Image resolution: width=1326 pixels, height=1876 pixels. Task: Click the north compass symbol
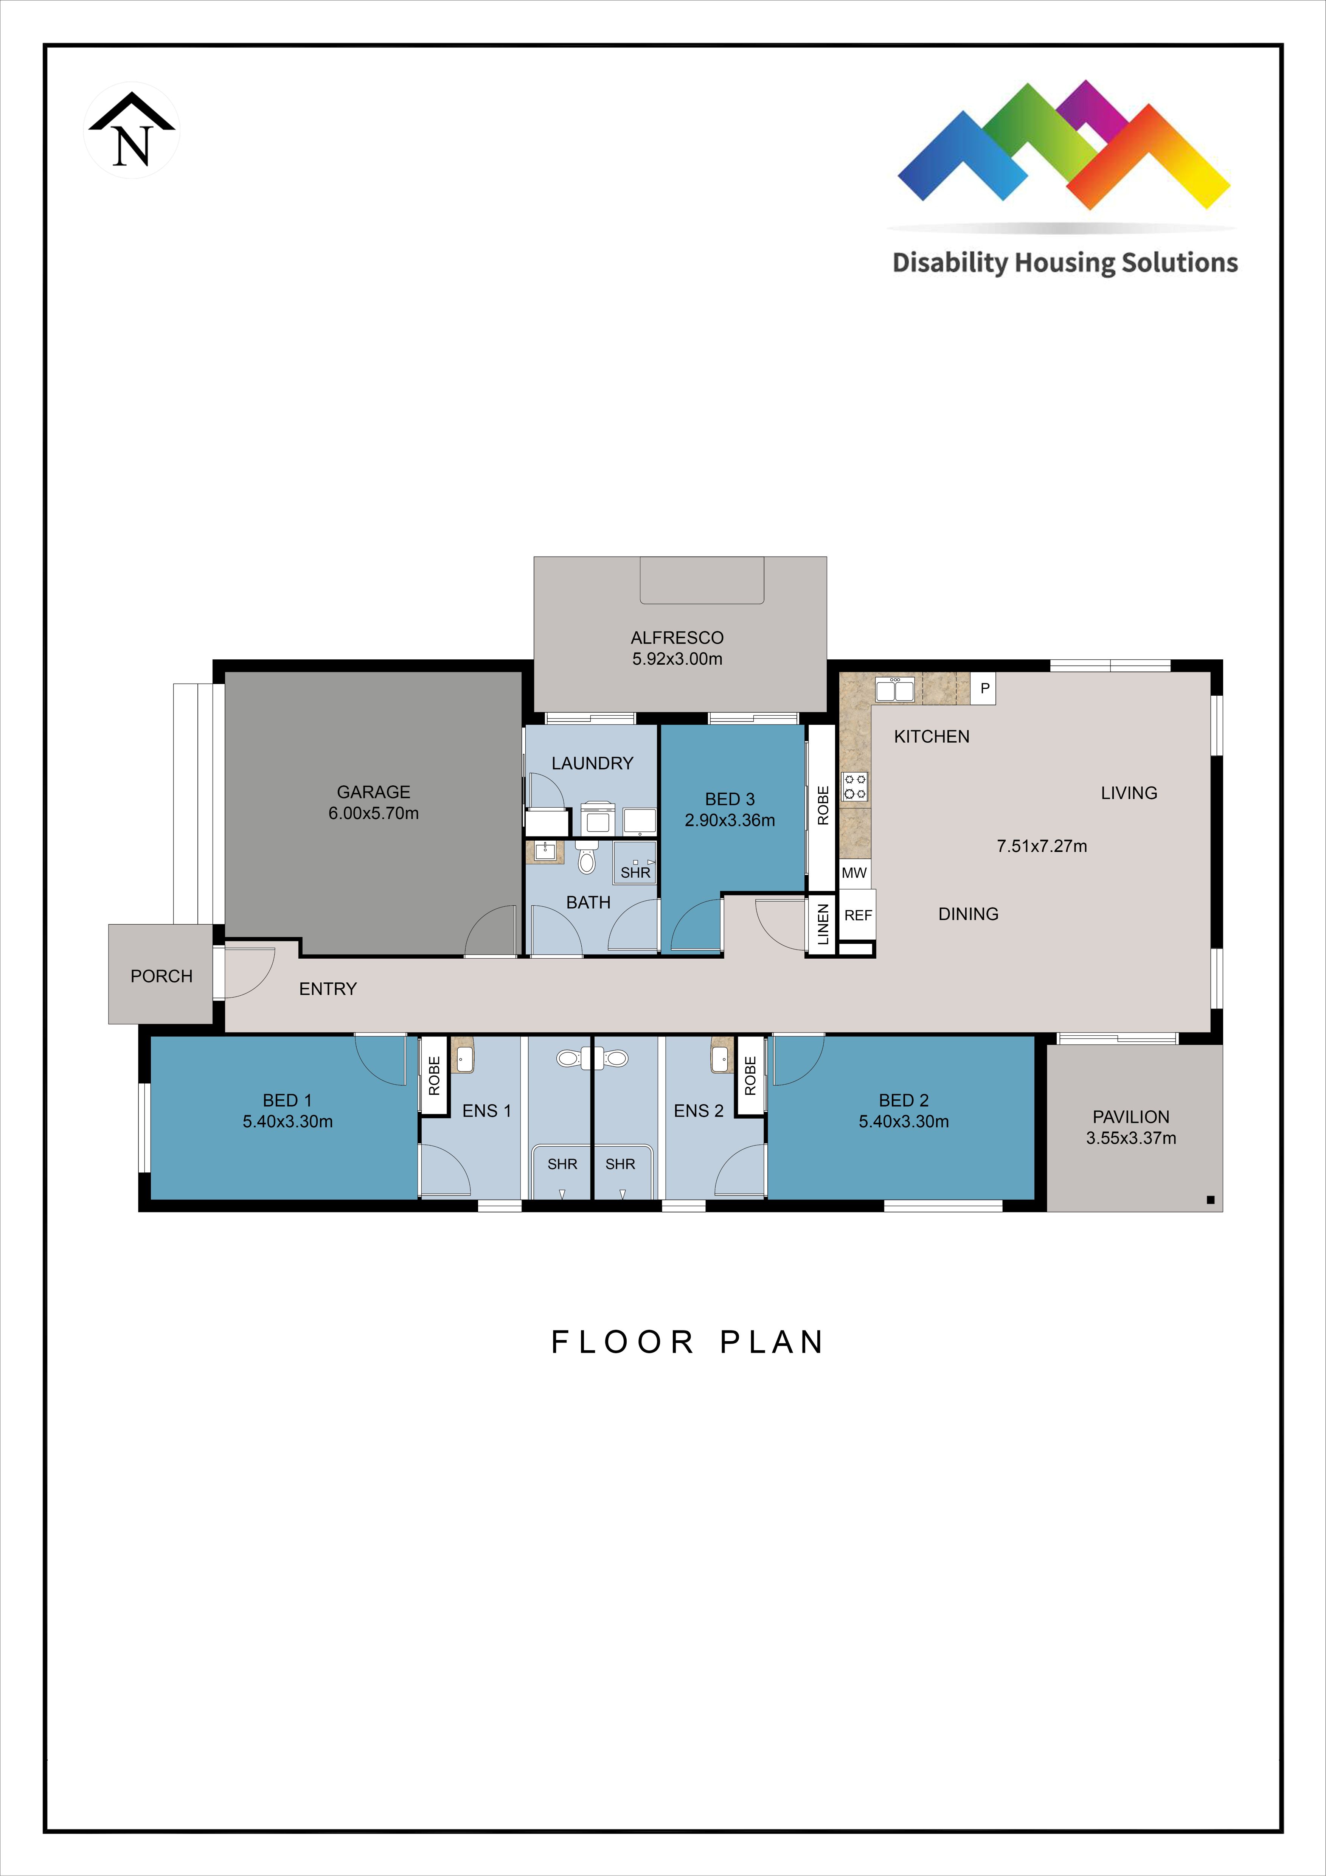click(132, 131)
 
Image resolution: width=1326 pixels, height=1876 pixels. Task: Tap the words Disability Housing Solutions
click(1065, 263)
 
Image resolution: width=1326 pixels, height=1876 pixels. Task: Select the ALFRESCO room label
click(677, 637)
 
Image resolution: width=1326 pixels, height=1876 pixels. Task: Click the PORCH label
click(161, 976)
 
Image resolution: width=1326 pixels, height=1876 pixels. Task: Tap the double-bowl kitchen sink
click(894, 690)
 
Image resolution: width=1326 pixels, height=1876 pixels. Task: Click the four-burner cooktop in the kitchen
click(855, 787)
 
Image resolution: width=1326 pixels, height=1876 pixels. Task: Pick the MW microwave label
click(854, 873)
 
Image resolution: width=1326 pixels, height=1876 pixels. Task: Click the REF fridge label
click(858, 915)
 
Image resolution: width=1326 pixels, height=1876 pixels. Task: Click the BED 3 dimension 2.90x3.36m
click(730, 820)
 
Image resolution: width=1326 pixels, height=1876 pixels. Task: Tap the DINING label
click(968, 914)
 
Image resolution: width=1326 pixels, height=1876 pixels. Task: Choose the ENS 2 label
click(699, 1111)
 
